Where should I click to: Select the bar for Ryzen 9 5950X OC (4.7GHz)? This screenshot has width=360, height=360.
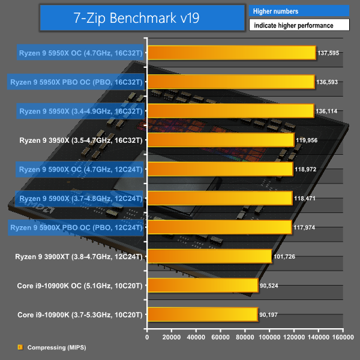(231, 53)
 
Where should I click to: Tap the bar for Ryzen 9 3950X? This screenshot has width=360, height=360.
(220, 140)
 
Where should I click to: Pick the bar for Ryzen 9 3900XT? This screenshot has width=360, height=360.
(209, 257)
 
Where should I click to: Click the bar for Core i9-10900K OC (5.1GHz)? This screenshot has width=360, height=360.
(202, 286)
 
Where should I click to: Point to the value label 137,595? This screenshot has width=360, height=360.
(329, 53)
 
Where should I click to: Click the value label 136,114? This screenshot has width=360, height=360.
(327, 111)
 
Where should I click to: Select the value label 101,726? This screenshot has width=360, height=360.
(284, 257)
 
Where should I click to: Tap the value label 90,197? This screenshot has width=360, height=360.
(271, 315)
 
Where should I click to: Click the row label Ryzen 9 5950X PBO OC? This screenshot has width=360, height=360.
(76, 82)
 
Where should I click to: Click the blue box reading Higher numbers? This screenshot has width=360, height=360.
(298, 11)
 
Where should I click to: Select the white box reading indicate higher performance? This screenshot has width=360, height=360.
(298, 25)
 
